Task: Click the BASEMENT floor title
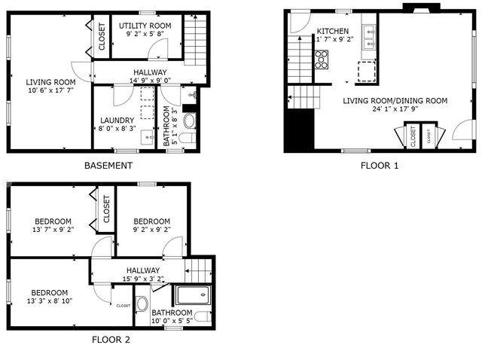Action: coord(108,166)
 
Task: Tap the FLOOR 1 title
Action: coord(380,165)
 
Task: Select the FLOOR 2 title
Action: coord(111,339)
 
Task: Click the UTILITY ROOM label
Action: coord(145,26)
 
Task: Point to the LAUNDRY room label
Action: coord(117,121)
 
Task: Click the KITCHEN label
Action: coord(331,31)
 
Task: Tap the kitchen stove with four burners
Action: coord(322,59)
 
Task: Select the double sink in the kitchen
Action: coord(370,38)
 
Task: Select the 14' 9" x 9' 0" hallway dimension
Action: coord(140,81)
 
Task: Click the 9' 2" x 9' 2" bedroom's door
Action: coord(172,246)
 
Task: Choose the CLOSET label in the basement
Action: coord(102,37)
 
